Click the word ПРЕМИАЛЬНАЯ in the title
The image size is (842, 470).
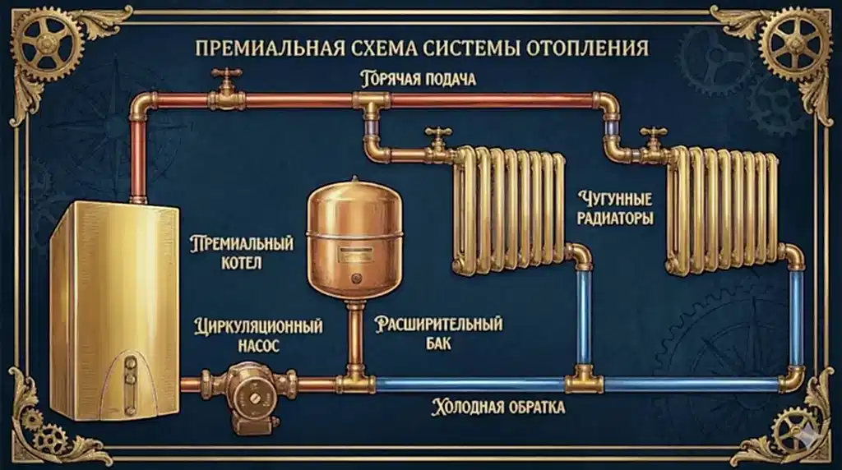[x=271, y=47]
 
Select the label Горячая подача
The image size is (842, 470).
[x=419, y=80]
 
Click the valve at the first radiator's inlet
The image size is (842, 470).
[x=437, y=141]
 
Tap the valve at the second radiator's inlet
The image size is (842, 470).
[x=655, y=141]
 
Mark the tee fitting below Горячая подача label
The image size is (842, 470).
[x=369, y=103]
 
